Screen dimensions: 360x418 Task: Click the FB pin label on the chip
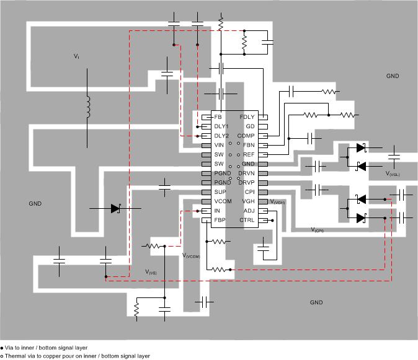coord(218,116)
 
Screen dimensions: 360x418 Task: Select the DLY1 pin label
coord(221,126)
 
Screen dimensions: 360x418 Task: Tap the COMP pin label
coord(247,135)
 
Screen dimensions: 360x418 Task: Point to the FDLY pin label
coord(247,116)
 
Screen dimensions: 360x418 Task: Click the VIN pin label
coord(220,144)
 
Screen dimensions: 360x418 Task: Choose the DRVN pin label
coord(247,173)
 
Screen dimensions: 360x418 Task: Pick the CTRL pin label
coord(247,220)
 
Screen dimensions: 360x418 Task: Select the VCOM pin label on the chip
coord(223,201)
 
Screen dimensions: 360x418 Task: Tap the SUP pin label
coord(220,192)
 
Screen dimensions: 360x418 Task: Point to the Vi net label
coord(76,56)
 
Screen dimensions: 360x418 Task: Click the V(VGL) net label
coord(393,175)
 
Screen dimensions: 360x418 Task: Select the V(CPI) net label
coord(317,229)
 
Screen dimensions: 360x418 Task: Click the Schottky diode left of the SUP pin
coord(115,209)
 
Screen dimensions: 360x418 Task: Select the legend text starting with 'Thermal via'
coord(77,356)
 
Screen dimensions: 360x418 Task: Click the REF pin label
coord(248,154)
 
